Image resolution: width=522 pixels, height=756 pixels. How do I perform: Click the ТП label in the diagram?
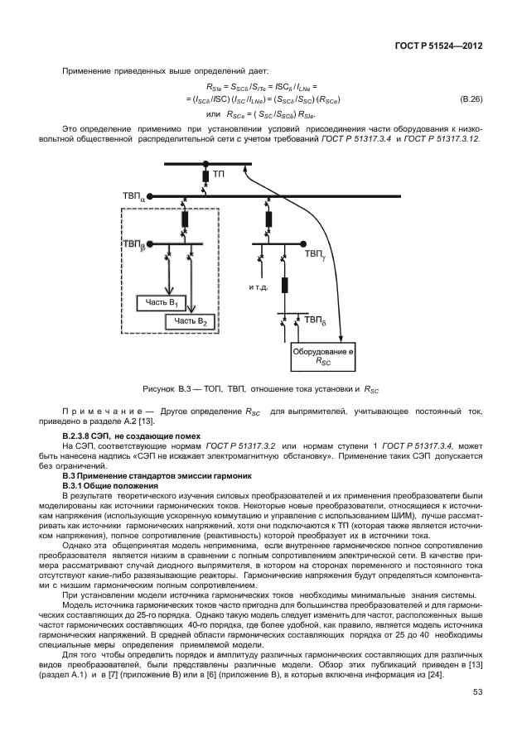(x=219, y=174)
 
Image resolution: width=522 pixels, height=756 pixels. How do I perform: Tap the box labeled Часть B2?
(x=190, y=321)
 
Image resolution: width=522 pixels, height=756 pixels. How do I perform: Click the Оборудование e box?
(x=323, y=357)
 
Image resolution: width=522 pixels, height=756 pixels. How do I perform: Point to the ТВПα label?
(x=133, y=197)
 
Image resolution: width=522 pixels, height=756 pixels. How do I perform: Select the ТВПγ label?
(x=315, y=253)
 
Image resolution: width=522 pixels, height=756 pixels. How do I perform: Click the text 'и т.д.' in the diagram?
(x=259, y=287)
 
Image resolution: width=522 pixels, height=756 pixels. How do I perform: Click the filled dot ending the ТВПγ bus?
(x=303, y=244)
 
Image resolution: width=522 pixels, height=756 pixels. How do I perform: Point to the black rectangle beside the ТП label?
(x=205, y=175)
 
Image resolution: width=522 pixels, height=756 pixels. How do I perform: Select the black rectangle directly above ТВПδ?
(x=285, y=286)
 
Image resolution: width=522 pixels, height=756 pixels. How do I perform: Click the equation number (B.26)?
(x=471, y=99)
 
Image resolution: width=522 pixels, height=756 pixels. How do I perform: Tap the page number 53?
(x=477, y=692)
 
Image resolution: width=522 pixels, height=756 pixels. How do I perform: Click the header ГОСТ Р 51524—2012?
(x=438, y=46)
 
